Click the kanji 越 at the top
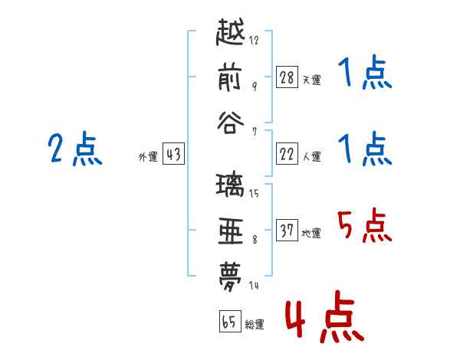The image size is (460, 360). point(230,32)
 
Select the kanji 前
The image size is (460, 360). point(230,78)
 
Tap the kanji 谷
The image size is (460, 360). point(231,123)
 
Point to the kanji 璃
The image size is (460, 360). point(230,185)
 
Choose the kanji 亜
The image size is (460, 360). point(231,231)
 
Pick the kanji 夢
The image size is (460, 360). point(231,277)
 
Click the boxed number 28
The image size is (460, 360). point(287,77)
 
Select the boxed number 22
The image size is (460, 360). point(287,154)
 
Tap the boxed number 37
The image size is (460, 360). point(287,230)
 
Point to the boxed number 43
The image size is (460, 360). point(173,154)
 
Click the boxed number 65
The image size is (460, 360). point(230,321)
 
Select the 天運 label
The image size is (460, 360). point(312,80)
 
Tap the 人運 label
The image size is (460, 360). point(312,156)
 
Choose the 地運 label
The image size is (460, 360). point(311,233)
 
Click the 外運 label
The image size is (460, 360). point(148,156)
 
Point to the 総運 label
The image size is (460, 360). point(255,324)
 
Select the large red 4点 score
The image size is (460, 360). point(325,316)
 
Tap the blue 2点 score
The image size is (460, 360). point(75,149)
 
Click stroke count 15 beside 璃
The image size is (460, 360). point(254,194)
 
